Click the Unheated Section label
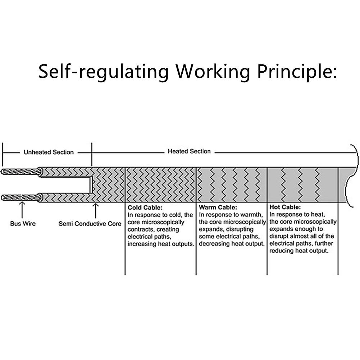(x=49, y=152)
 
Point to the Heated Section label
(x=189, y=151)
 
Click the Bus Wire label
(x=23, y=224)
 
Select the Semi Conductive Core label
(x=90, y=224)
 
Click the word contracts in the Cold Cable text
(x=140, y=229)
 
